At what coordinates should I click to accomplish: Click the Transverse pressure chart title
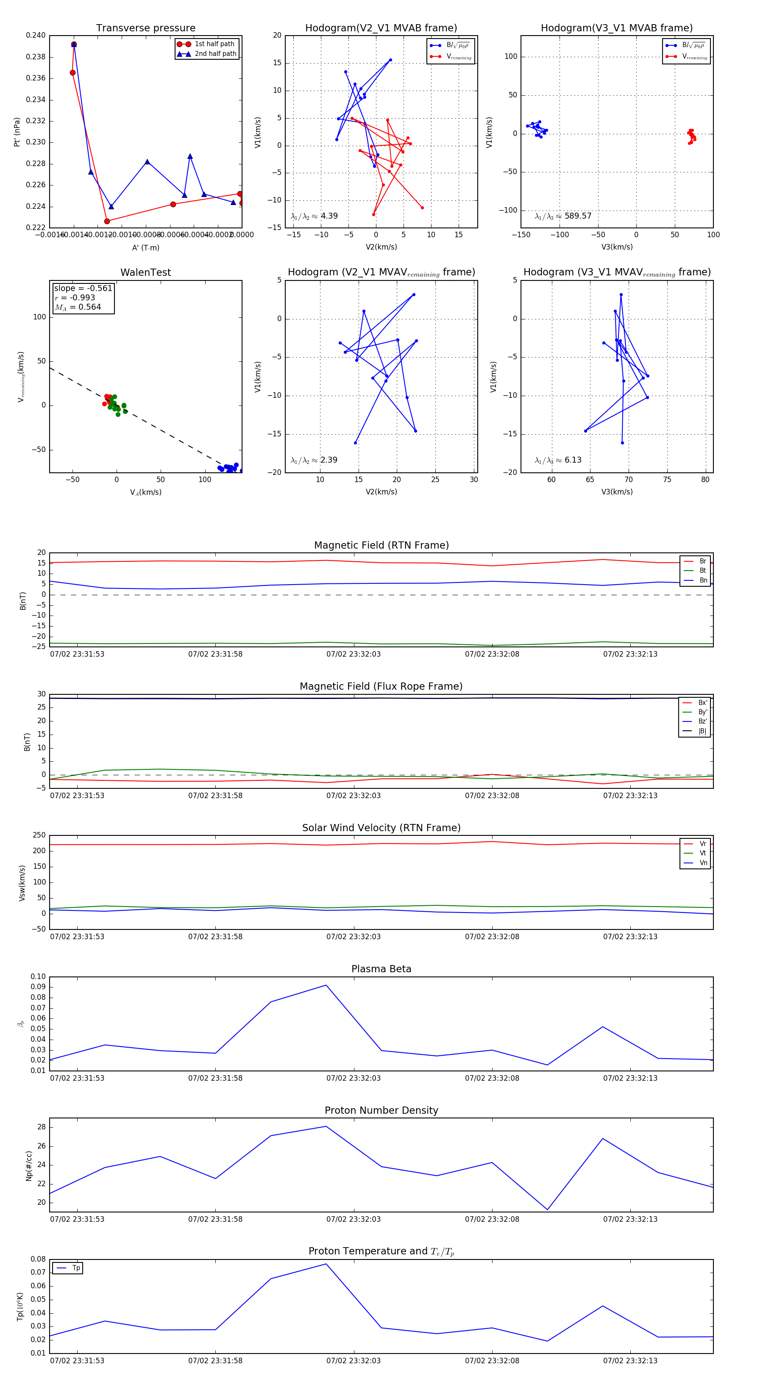pyautogui.click(x=145, y=28)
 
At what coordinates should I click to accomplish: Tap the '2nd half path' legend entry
pyautogui.click(x=215, y=54)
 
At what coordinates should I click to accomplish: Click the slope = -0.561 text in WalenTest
pyautogui.click(x=83, y=288)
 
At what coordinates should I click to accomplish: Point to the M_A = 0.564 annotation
pyautogui.click(x=78, y=307)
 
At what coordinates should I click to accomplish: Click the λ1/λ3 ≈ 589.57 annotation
pyautogui.click(x=563, y=216)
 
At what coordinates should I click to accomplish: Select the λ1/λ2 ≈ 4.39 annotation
pyautogui.click(x=315, y=216)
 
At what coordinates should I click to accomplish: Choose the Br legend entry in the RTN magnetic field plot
pyautogui.click(x=702, y=561)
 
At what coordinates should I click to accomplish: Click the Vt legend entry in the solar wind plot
pyautogui.click(x=702, y=853)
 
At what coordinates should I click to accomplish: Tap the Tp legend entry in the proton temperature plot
pyautogui.click(x=76, y=1268)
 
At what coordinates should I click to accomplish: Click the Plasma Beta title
pyautogui.click(x=381, y=969)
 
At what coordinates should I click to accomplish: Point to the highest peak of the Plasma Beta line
pyautogui.click(x=326, y=985)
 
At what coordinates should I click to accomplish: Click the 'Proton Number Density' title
pyautogui.click(x=381, y=1110)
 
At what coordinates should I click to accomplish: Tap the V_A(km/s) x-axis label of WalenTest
pyautogui.click(x=145, y=492)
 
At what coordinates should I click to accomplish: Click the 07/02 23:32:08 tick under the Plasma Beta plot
pyautogui.click(x=492, y=1078)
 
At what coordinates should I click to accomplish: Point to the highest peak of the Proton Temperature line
pyautogui.click(x=326, y=1264)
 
